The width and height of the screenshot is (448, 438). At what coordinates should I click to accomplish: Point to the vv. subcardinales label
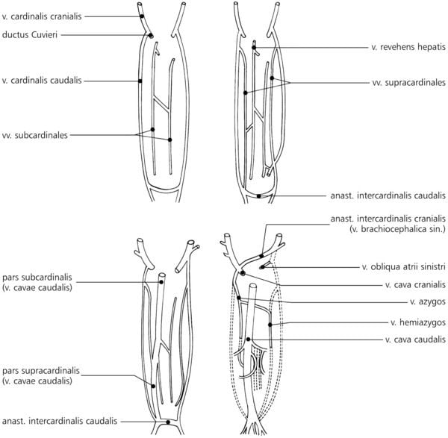pos(36,136)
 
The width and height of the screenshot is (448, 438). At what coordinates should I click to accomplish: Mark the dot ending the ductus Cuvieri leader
pos(150,35)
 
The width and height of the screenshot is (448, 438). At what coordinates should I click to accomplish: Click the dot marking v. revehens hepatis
pos(253,47)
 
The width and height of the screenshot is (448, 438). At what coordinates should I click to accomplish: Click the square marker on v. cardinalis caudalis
pos(140,81)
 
